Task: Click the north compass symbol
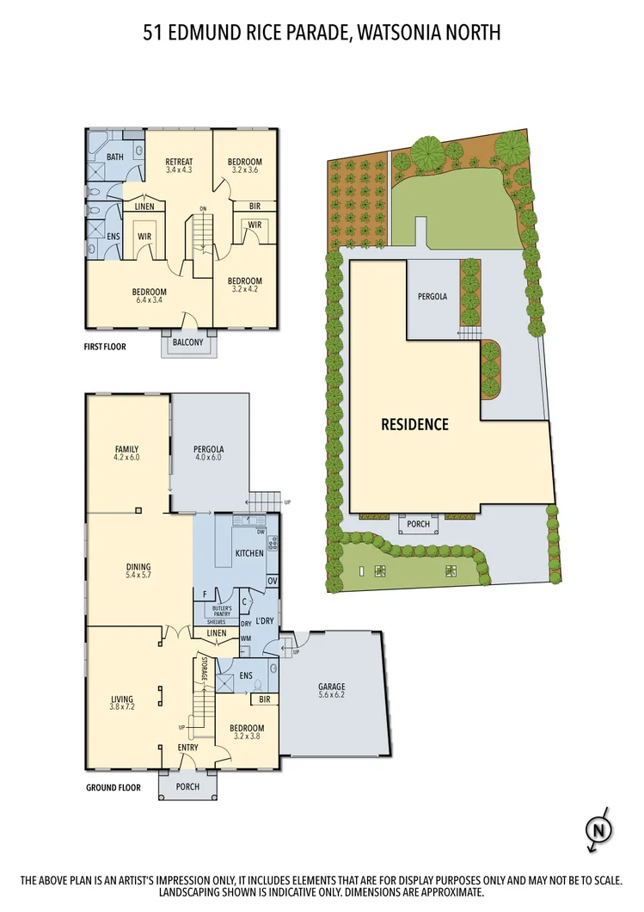[597, 830]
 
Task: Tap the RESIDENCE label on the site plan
[415, 424]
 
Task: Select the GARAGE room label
[330, 687]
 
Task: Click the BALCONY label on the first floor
[187, 342]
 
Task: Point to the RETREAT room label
[179, 162]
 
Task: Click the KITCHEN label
[249, 553]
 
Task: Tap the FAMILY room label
[127, 449]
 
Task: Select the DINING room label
[138, 567]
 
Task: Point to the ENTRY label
[187, 747]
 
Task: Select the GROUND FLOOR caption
[113, 786]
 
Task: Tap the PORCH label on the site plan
[419, 524]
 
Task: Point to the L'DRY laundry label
[264, 621]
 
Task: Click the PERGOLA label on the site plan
[432, 296]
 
